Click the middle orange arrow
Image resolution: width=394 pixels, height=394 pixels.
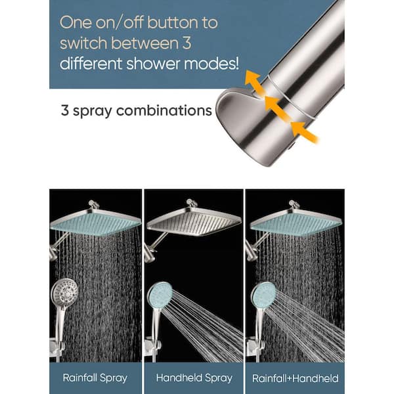coord(275,104)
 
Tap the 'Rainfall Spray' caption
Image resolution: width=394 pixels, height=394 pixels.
coord(95,378)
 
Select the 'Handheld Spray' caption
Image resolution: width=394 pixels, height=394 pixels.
coord(194,378)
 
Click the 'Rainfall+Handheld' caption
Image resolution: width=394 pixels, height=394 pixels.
coord(295,378)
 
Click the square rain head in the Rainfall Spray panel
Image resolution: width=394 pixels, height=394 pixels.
coord(95,223)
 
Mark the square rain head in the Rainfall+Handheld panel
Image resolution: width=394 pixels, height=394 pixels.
coord(295,223)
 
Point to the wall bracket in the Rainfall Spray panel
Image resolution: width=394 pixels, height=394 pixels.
coord(59,347)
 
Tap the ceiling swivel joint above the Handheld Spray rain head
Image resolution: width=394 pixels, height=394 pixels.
coord(190,204)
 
